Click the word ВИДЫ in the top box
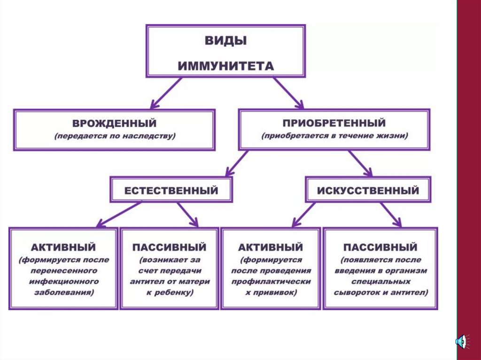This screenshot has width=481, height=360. click(225, 40)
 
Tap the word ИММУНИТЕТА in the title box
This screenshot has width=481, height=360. click(225, 65)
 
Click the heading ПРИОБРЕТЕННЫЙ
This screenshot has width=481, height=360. click(334, 123)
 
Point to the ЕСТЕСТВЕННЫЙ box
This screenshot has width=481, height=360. click(171, 191)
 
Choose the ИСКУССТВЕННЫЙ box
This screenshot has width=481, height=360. click(368, 191)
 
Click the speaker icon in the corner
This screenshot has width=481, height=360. click(461, 342)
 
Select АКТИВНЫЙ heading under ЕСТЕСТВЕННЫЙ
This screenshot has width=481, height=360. click(63, 247)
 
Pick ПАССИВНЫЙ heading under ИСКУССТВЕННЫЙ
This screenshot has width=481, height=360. click(380, 247)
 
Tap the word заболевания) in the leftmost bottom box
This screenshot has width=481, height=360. click(63, 292)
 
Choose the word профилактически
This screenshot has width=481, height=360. click(271, 282)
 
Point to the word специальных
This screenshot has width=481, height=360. click(380, 282)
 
